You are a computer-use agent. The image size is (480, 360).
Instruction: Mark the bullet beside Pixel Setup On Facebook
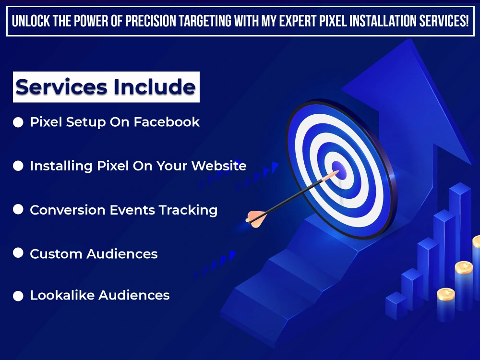[18, 122]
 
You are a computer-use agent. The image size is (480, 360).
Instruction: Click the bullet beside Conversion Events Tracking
[18, 209]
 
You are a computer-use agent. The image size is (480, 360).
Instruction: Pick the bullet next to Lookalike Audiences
[18, 296]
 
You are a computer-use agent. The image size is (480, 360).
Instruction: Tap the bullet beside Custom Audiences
[18, 252]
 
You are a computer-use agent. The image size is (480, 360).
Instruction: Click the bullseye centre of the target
[338, 168]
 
